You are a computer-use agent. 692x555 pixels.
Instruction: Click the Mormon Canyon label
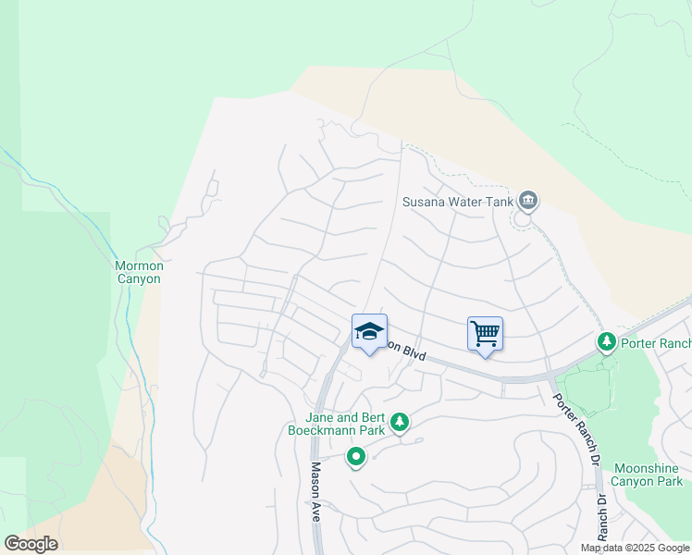(x=138, y=272)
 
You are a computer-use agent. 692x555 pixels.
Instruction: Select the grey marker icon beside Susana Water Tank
(x=528, y=199)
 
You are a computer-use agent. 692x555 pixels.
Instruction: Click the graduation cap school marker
(x=368, y=331)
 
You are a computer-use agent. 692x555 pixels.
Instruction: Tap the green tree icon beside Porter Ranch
(x=607, y=343)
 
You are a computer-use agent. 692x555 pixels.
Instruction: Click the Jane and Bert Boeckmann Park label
(x=336, y=424)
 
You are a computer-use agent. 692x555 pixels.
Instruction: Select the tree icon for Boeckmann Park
(x=400, y=423)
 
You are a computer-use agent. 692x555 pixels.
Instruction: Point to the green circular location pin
(x=355, y=456)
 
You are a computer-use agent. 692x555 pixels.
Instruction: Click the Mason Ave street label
(x=315, y=491)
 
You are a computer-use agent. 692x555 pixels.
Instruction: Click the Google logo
(x=31, y=544)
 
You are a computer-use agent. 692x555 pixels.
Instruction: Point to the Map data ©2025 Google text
(x=635, y=548)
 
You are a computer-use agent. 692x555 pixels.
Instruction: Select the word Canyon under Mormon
(x=138, y=278)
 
